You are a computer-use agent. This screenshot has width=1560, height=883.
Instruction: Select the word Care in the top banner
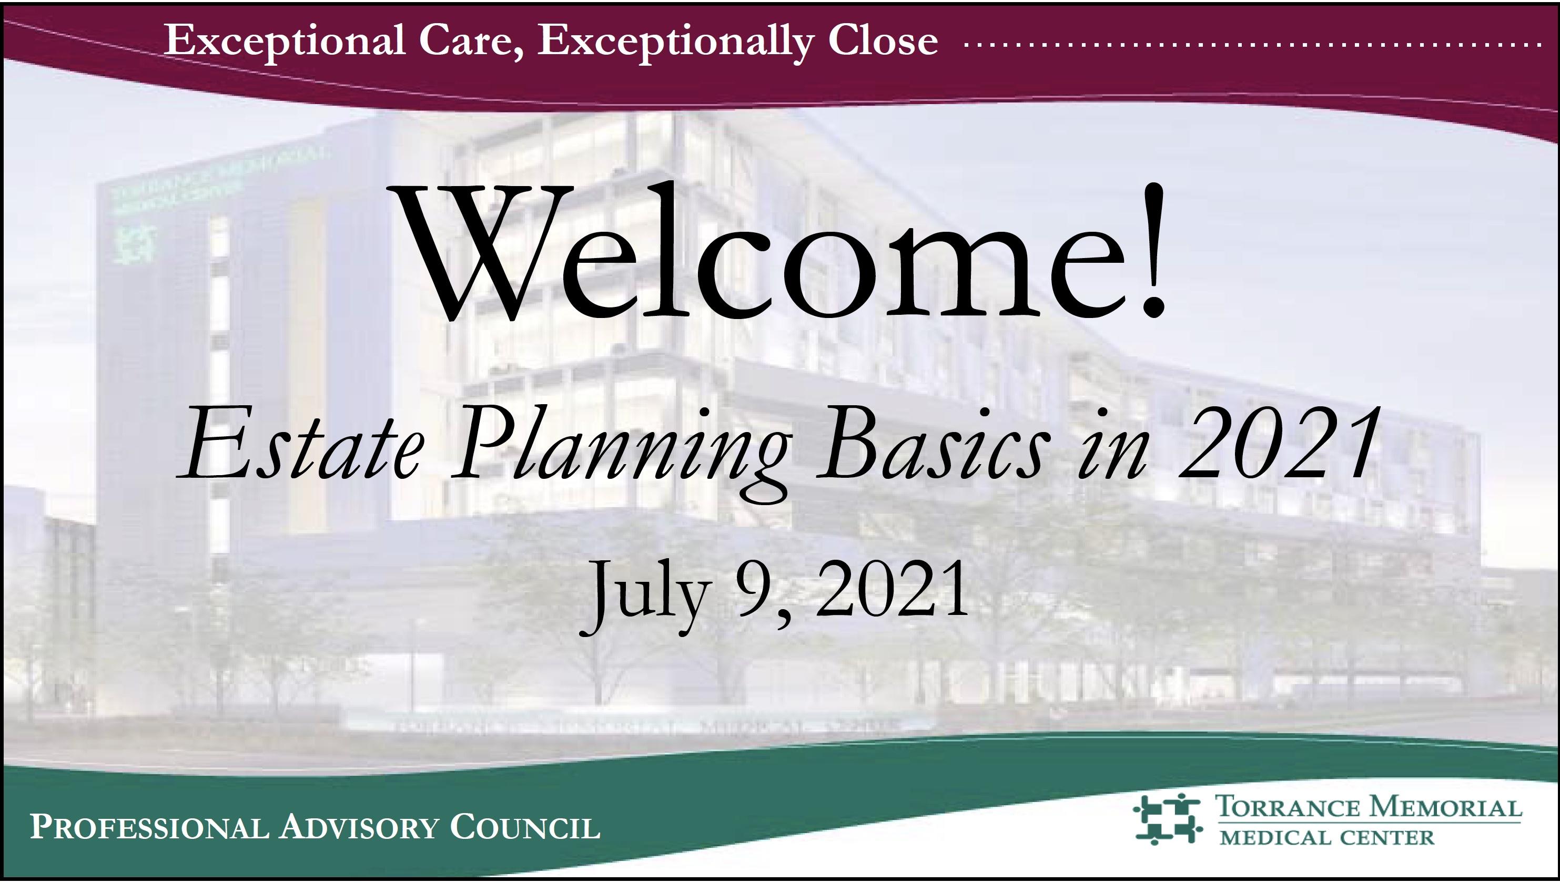(x=463, y=41)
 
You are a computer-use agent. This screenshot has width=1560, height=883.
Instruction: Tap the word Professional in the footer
(x=149, y=828)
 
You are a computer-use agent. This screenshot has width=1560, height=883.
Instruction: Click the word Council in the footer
(x=525, y=828)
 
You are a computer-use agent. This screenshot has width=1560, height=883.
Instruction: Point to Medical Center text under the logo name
(x=1327, y=837)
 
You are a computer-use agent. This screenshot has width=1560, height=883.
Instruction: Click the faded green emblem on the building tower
(x=139, y=245)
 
